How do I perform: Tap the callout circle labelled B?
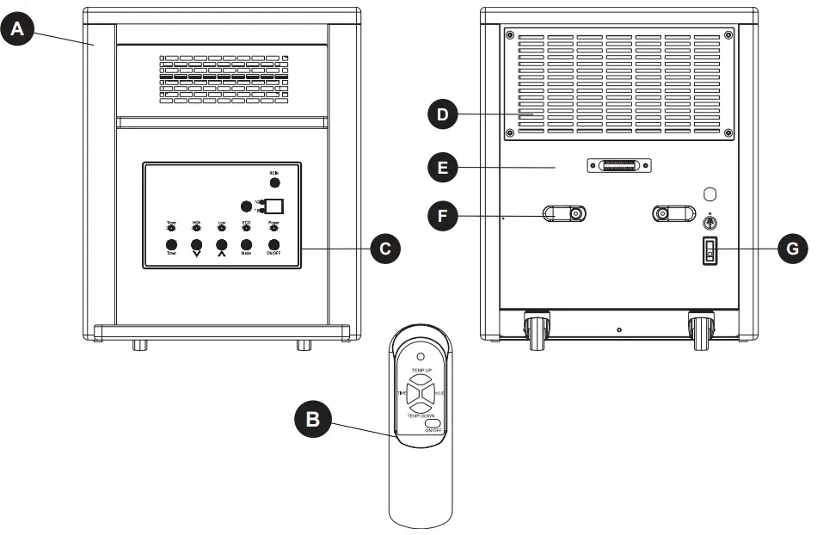(x=312, y=419)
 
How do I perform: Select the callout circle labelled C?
(x=386, y=249)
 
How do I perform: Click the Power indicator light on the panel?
(x=273, y=229)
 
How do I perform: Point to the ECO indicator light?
(x=247, y=229)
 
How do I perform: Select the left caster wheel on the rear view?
(x=537, y=329)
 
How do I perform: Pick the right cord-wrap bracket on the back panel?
(x=674, y=213)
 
